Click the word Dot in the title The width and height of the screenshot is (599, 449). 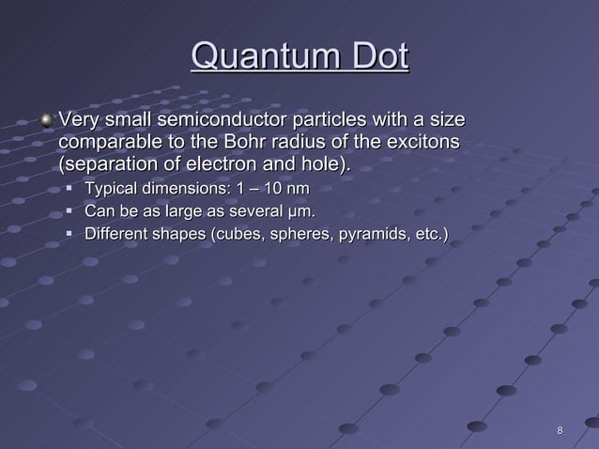377,57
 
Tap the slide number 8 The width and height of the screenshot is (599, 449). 560,431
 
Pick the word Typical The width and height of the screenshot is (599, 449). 115,191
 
